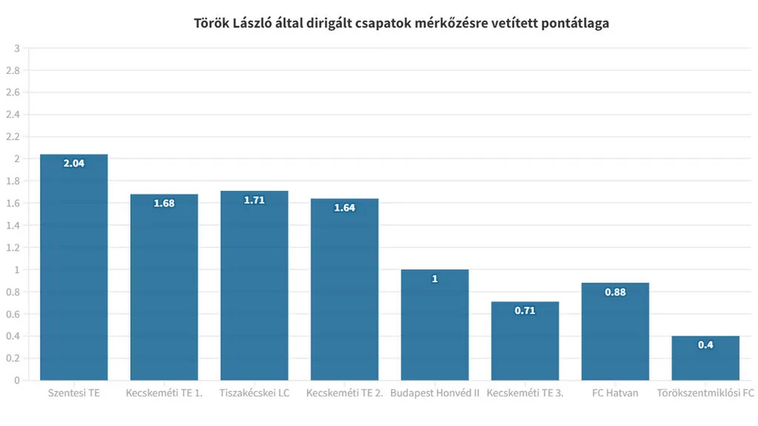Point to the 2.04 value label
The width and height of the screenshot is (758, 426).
pos(74,163)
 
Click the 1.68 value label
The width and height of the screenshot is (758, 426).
pos(164,203)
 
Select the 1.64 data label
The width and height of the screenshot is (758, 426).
pos(344,208)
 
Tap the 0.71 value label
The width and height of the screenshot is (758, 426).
pos(525,311)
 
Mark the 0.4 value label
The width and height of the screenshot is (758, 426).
pos(705,345)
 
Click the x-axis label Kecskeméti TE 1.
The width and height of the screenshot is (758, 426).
pos(164,393)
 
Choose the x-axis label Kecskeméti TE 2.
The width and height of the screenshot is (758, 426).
pos(344,393)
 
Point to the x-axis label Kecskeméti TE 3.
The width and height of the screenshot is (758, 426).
pos(525,393)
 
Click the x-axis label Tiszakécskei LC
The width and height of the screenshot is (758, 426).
pos(254,393)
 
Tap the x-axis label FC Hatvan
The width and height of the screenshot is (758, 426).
pos(615,393)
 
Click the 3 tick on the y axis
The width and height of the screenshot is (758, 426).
pos(16,49)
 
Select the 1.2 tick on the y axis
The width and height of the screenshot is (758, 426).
pos(13,248)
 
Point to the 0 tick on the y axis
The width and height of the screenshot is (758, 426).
pos(16,380)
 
